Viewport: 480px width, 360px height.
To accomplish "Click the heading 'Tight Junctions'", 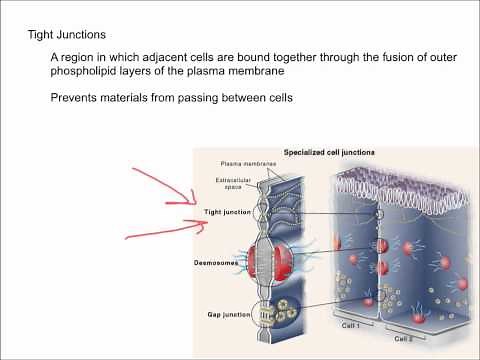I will [x=66, y=35].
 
